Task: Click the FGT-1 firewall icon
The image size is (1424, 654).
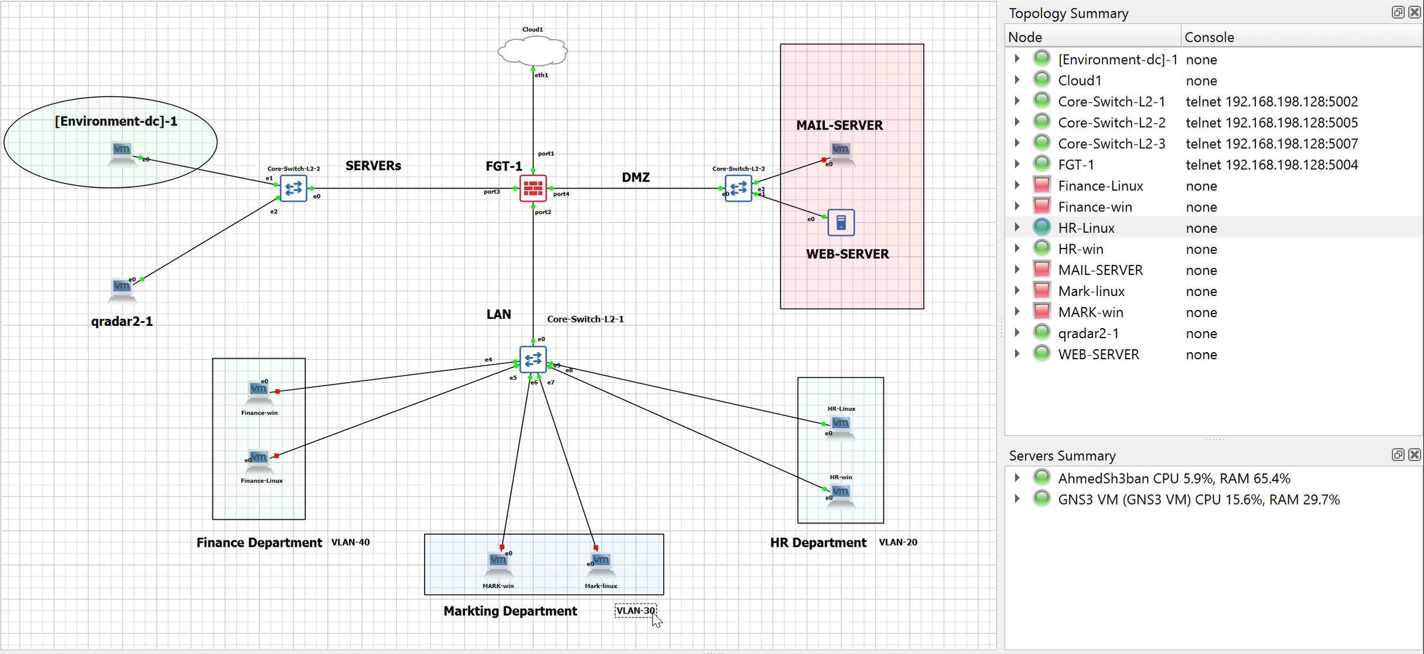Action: (x=532, y=188)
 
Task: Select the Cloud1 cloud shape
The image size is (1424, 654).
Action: (x=532, y=51)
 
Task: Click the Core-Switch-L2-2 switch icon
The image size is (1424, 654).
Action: (x=293, y=188)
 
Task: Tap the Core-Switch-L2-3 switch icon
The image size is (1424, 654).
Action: (x=738, y=188)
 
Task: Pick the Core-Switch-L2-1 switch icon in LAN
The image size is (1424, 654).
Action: (x=532, y=359)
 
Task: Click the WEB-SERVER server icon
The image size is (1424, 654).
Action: (x=841, y=223)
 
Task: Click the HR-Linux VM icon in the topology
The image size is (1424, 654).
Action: (x=841, y=425)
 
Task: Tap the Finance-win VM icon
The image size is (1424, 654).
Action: (x=258, y=391)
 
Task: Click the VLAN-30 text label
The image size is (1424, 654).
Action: (x=636, y=611)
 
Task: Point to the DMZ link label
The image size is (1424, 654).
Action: (x=636, y=177)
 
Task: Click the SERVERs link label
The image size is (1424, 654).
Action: (x=373, y=166)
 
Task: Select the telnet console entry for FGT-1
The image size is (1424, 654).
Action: (x=1271, y=165)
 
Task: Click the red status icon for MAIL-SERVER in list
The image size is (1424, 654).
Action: (x=1041, y=270)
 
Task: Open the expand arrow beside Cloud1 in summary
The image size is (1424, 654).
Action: (x=1017, y=80)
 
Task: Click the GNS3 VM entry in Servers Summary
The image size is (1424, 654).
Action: (x=1198, y=500)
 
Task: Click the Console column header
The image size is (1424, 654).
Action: (x=1209, y=38)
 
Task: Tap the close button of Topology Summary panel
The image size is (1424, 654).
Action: (x=1414, y=12)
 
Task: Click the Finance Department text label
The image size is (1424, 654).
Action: (x=259, y=543)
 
